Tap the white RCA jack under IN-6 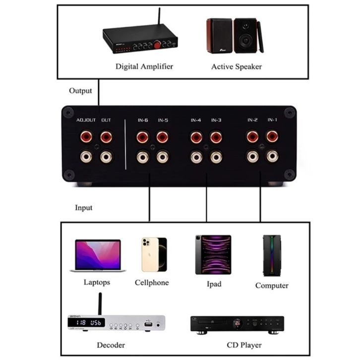click(x=143, y=157)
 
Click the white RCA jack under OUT click(x=106, y=157)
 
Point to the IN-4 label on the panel click(x=196, y=120)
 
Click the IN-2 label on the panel click(x=252, y=120)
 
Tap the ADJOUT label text click(x=86, y=120)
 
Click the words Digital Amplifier click(x=144, y=66)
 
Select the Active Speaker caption click(x=237, y=66)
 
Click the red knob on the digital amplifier click(x=157, y=45)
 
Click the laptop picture click(x=98, y=256)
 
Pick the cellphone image click(x=154, y=254)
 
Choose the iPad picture click(x=213, y=254)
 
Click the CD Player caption click(x=244, y=345)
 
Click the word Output click(x=80, y=91)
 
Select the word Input click(x=83, y=207)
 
